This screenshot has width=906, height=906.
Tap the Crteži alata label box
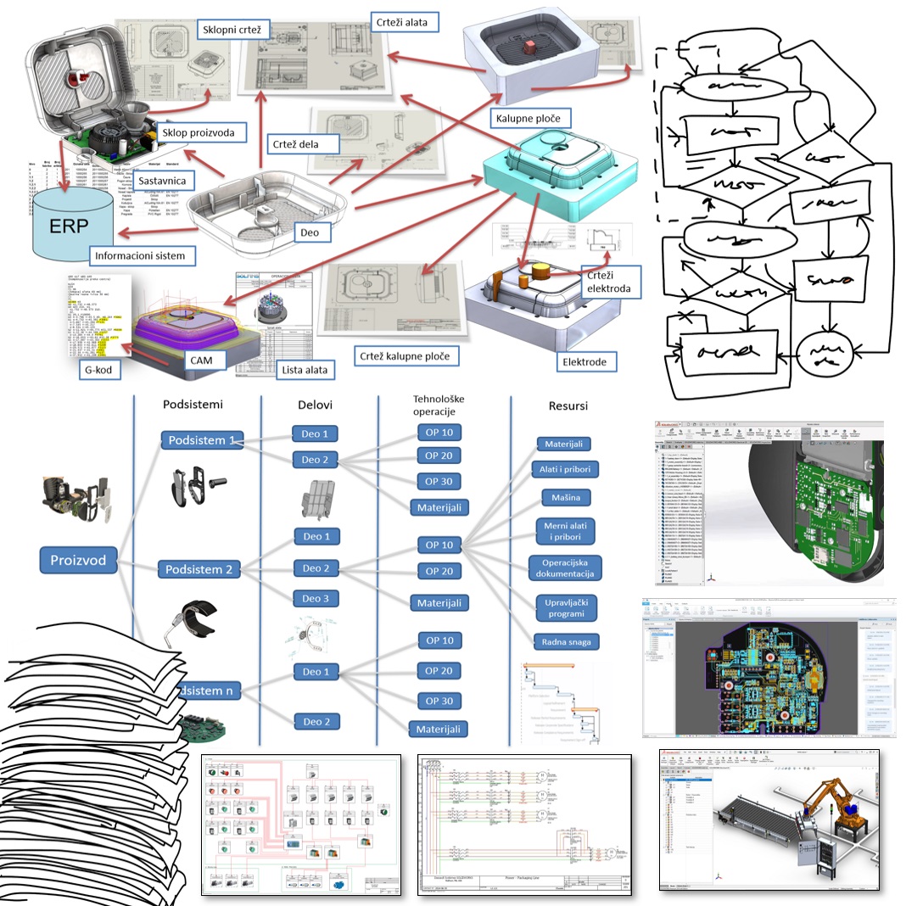click(405, 20)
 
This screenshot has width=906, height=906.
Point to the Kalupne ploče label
click(531, 117)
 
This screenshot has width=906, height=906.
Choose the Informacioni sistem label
click(141, 254)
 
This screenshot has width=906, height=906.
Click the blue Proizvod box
click(78, 560)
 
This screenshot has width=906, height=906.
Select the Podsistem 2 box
click(199, 569)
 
